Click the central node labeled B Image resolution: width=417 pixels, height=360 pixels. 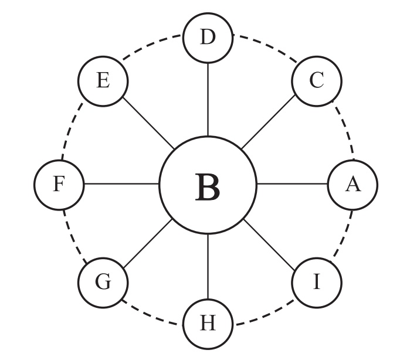[208, 185]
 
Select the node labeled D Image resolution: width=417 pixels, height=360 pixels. [208, 38]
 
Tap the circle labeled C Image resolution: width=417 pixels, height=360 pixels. [317, 81]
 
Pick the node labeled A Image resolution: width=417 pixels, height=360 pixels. [352, 185]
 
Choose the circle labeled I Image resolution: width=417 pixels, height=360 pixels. [317, 283]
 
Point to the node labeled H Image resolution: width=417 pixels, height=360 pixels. [208, 324]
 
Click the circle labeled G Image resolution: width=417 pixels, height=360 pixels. [103, 283]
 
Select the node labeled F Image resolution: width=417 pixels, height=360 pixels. [59, 185]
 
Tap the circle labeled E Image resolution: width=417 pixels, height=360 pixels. [103, 81]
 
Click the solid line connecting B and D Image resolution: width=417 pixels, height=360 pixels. [208, 100]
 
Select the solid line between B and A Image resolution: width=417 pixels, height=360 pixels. [292, 184]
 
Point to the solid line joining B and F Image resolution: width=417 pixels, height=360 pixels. [121, 184]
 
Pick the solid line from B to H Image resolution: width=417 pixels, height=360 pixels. [208, 266]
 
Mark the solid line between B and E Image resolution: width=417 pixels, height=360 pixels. [148, 123]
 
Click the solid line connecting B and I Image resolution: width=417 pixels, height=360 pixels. [269, 245]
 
